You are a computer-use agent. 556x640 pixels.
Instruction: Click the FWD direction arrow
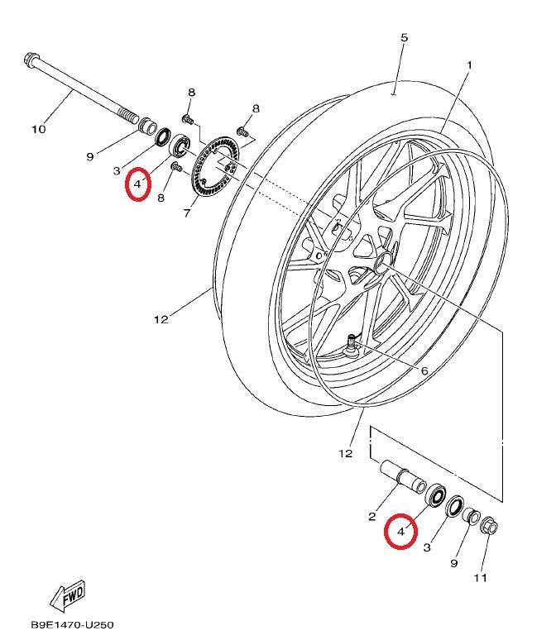click(67, 595)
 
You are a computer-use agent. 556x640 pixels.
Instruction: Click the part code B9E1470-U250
click(72, 625)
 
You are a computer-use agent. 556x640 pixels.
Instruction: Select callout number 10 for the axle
click(39, 129)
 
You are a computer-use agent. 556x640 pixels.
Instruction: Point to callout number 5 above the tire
click(404, 37)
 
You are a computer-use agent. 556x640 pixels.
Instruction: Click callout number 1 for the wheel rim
click(469, 64)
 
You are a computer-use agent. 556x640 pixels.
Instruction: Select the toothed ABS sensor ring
click(216, 167)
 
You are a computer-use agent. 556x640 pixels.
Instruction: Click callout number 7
click(187, 213)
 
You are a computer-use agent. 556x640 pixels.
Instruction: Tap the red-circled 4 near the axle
click(137, 184)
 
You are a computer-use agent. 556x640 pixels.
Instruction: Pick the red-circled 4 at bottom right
click(400, 532)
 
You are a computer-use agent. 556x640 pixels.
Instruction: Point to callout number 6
click(424, 370)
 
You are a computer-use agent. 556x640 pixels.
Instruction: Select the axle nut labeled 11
click(490, 527)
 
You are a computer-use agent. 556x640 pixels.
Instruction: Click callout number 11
click(481, 578)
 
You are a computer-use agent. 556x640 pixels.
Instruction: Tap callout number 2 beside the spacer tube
click(371, 517)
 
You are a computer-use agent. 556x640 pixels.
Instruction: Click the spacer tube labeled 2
click(403, 478)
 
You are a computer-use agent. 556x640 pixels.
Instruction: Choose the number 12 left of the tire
click(161, 320)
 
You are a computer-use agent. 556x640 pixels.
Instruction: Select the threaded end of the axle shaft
click(128, 115)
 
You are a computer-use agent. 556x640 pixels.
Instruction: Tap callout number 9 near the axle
click(90, 157)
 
